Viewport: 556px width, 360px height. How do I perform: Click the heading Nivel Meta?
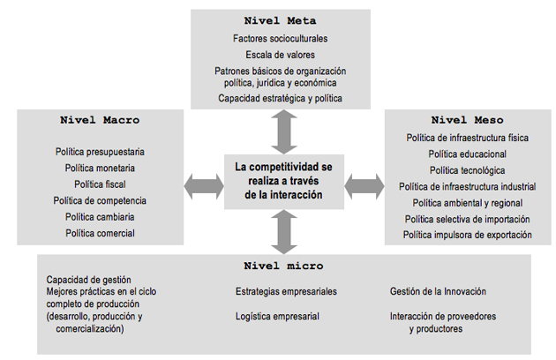coord(280,20)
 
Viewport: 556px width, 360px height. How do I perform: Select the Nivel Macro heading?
coord(100,120)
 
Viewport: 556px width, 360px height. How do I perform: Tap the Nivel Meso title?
coord(468,120)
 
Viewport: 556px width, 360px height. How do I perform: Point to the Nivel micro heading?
coord(283,266)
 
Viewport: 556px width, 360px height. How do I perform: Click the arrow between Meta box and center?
coord(284,131)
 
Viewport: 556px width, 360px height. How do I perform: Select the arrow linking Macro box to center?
coord(204,186)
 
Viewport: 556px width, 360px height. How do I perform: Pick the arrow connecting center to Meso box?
coord(364,186)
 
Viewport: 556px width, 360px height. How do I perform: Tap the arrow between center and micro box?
coord(284,231)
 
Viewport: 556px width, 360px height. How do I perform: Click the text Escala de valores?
coord(280,55)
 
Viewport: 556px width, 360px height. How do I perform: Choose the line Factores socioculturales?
coord(280,38)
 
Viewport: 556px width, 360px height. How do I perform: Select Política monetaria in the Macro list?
coord(100,168)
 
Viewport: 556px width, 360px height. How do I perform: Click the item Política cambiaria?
coord(100,217)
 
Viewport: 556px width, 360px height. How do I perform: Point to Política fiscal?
coord(100,184)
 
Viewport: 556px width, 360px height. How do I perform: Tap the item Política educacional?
coord(468,154)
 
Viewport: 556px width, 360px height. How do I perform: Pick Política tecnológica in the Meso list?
coord(468,170)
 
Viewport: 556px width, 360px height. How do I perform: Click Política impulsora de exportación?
coord(468,235)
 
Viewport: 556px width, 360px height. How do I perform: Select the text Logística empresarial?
coord(277,317)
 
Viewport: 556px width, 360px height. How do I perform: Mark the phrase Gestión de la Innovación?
coord(438,291)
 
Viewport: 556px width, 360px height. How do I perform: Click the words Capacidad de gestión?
coord(88,280)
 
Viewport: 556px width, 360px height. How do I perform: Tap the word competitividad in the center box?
coord(286,167)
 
